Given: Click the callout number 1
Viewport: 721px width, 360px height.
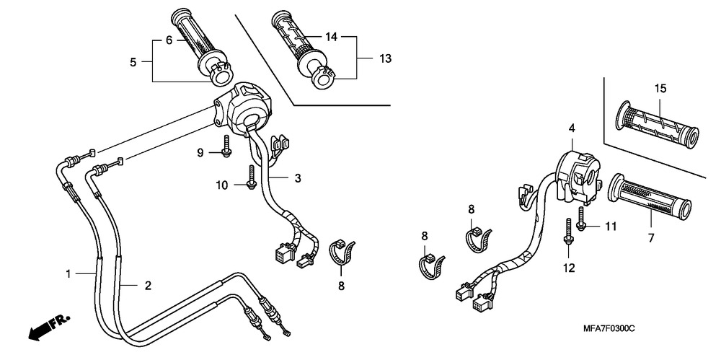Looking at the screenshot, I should click(x=68, y=273).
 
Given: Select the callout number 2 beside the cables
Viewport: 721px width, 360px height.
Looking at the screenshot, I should click(x=148, y=286).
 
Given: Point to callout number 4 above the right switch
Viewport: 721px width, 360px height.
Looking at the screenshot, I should click(x=571, y=128).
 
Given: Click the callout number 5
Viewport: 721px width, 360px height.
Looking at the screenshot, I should click(x=133, y=63).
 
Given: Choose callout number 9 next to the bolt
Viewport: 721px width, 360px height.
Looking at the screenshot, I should click(x=202, y=152).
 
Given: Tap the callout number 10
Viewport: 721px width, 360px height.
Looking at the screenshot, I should click(x=224, y=185).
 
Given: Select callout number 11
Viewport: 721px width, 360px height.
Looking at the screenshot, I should click(x=611, y=227).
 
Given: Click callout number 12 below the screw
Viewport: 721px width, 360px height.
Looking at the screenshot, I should click(x=569, y=268).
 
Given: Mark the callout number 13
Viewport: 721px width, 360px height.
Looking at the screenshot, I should click(x=386, y=58).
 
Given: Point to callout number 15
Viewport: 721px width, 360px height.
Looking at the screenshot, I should click(x=660, y=89).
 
